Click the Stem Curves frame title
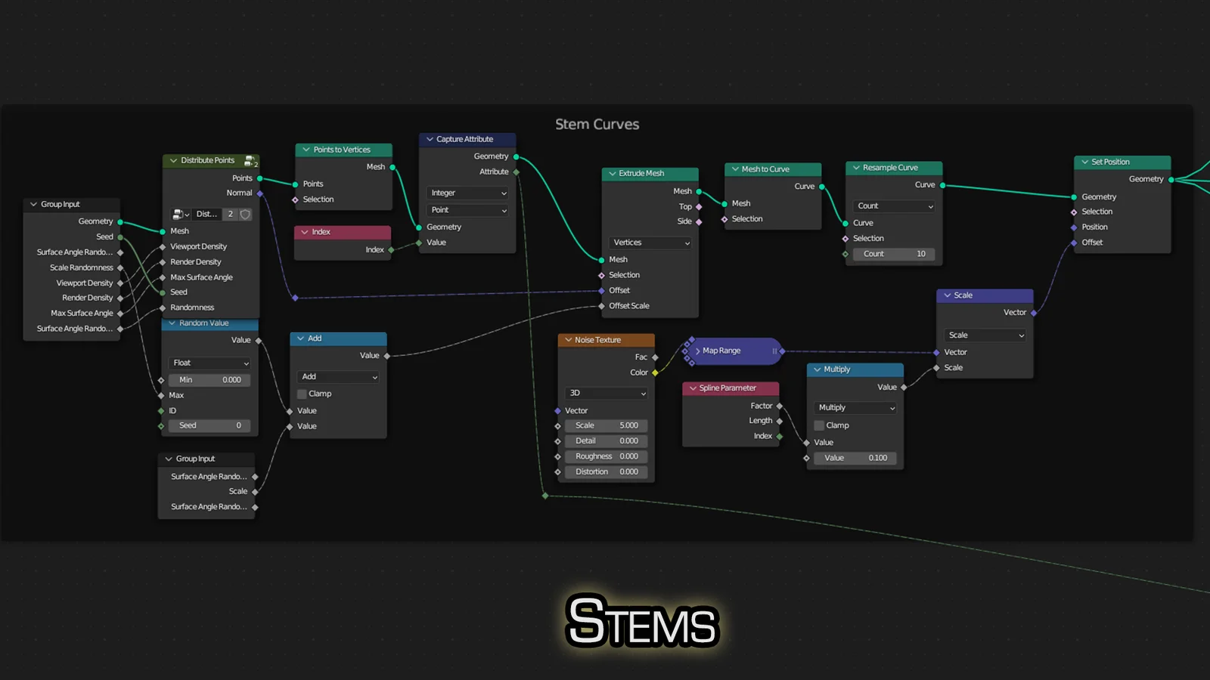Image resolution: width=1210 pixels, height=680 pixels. (x=597, y=125)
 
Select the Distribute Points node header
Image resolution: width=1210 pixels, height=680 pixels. (x=208, y=160)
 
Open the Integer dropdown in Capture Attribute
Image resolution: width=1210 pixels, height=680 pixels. (x=468, y=193)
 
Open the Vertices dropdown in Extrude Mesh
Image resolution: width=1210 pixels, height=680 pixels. (x=650, y=243)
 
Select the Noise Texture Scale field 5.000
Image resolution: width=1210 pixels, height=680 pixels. (x=607, y=425)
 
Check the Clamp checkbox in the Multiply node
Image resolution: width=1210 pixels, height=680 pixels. (x=819, y=425)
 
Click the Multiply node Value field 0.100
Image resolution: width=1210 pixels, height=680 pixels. (x=855, y=458)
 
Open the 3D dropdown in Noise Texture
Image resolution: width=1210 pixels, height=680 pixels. (x=607, y=393)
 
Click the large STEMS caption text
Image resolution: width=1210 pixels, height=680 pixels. (x=642, y=622)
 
